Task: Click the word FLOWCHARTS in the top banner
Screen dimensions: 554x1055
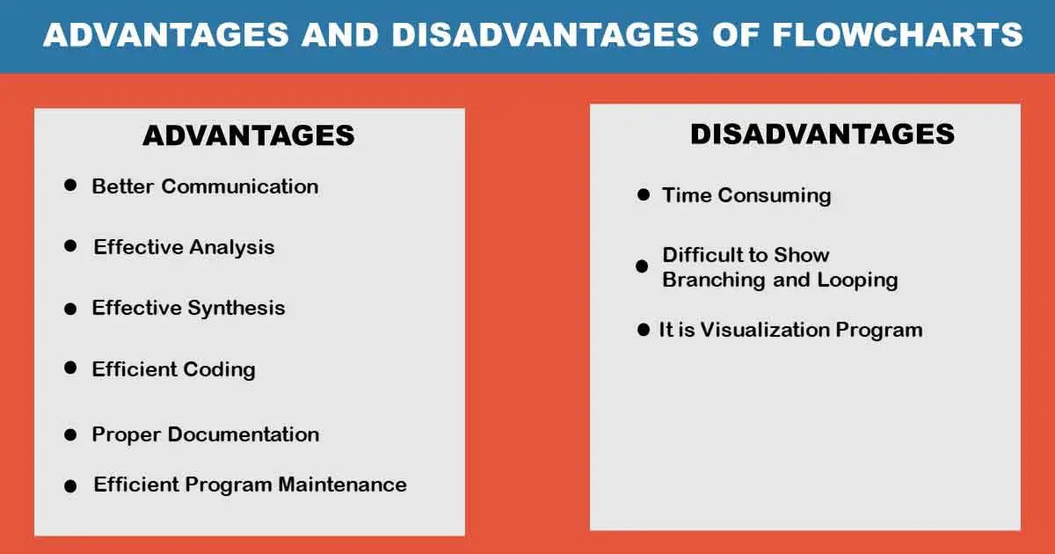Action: pos(898,34)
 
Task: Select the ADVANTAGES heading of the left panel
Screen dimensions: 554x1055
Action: pos(249,135)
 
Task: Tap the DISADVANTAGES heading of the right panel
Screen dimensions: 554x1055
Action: pos(822,133)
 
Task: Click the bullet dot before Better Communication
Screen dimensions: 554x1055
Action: pos(71,186)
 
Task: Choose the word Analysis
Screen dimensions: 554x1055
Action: pos(233,247)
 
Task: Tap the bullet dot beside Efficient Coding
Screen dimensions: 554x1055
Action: pos(71,368)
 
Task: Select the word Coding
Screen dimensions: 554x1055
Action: pos(220,368)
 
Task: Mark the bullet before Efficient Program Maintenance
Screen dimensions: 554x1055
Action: pos(71,485)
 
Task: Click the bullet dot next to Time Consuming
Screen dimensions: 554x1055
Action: pos(644,194)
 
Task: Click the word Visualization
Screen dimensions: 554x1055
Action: pos(759,330)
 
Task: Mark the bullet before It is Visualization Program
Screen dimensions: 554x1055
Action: pos(644,331)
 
